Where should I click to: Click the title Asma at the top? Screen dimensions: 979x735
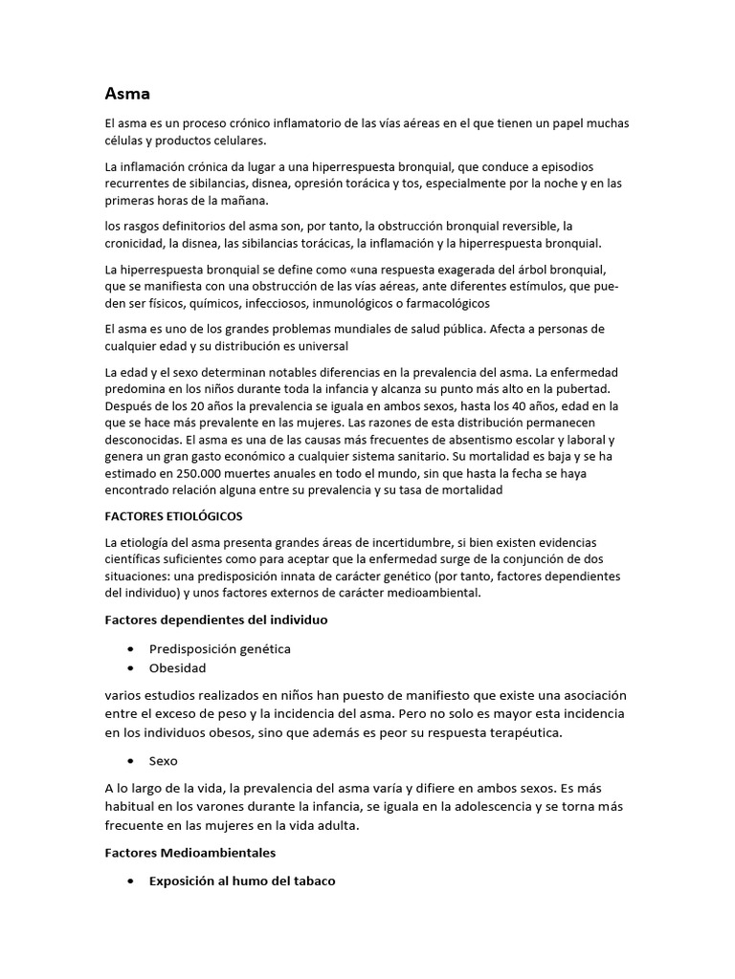(x=127, y=94)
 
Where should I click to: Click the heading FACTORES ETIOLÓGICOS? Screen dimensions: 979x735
(x=173, y=516)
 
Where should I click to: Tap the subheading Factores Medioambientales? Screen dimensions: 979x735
(x=190, y=852)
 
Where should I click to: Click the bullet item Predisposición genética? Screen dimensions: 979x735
(x=220, y=648)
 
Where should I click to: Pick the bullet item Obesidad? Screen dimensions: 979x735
(x=178, y=667)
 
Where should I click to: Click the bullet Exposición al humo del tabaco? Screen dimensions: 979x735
(x=242, y=881)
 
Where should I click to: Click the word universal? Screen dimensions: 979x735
(x=321, y=345)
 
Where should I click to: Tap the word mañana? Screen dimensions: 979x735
(x=243, y=201)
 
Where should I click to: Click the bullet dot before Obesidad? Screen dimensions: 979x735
(x=130, y=667)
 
